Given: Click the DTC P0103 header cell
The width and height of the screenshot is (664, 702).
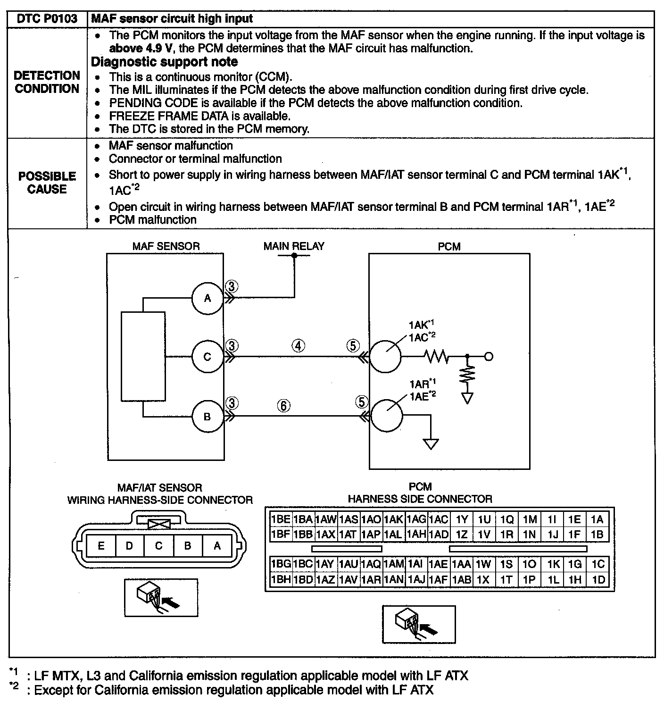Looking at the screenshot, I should point(47,19).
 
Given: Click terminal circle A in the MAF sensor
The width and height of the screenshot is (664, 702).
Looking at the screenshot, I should point(207,298).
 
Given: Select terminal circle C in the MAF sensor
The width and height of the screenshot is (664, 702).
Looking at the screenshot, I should point(207,357).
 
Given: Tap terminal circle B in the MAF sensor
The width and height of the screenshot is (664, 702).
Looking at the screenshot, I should point(207,417).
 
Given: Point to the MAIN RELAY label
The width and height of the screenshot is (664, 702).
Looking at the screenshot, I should point(294,246).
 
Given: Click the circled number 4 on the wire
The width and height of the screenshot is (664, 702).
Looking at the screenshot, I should point(298,346).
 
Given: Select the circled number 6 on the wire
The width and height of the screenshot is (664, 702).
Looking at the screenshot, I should point(283,406).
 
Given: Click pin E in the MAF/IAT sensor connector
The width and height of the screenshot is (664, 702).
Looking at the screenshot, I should point(101,546).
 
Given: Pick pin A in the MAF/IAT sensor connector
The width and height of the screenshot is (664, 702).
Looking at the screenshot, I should point(217,546).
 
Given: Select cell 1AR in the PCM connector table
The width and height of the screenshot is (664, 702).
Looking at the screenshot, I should point(371,580).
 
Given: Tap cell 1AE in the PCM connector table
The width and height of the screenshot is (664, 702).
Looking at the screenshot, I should point(439,564).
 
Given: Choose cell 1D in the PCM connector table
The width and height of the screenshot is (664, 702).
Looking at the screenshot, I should point(598,580).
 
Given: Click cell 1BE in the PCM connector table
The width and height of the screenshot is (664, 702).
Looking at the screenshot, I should point(281,519).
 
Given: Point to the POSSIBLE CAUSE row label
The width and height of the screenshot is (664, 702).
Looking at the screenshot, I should point(47,183).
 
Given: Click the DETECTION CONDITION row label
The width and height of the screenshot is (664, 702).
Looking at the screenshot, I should point(47,82).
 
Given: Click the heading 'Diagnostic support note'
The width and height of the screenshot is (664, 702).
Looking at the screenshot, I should point(164,62).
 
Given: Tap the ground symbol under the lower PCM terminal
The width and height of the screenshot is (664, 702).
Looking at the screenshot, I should point(431,443).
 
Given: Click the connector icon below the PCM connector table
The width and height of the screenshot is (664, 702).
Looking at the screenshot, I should point(419,624).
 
